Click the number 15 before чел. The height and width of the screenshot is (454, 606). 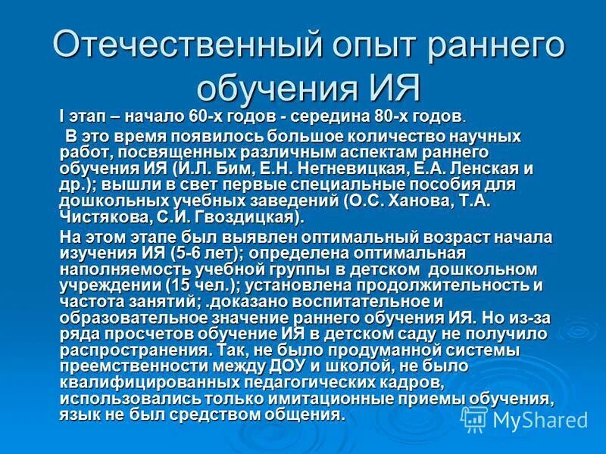[177, 285]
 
